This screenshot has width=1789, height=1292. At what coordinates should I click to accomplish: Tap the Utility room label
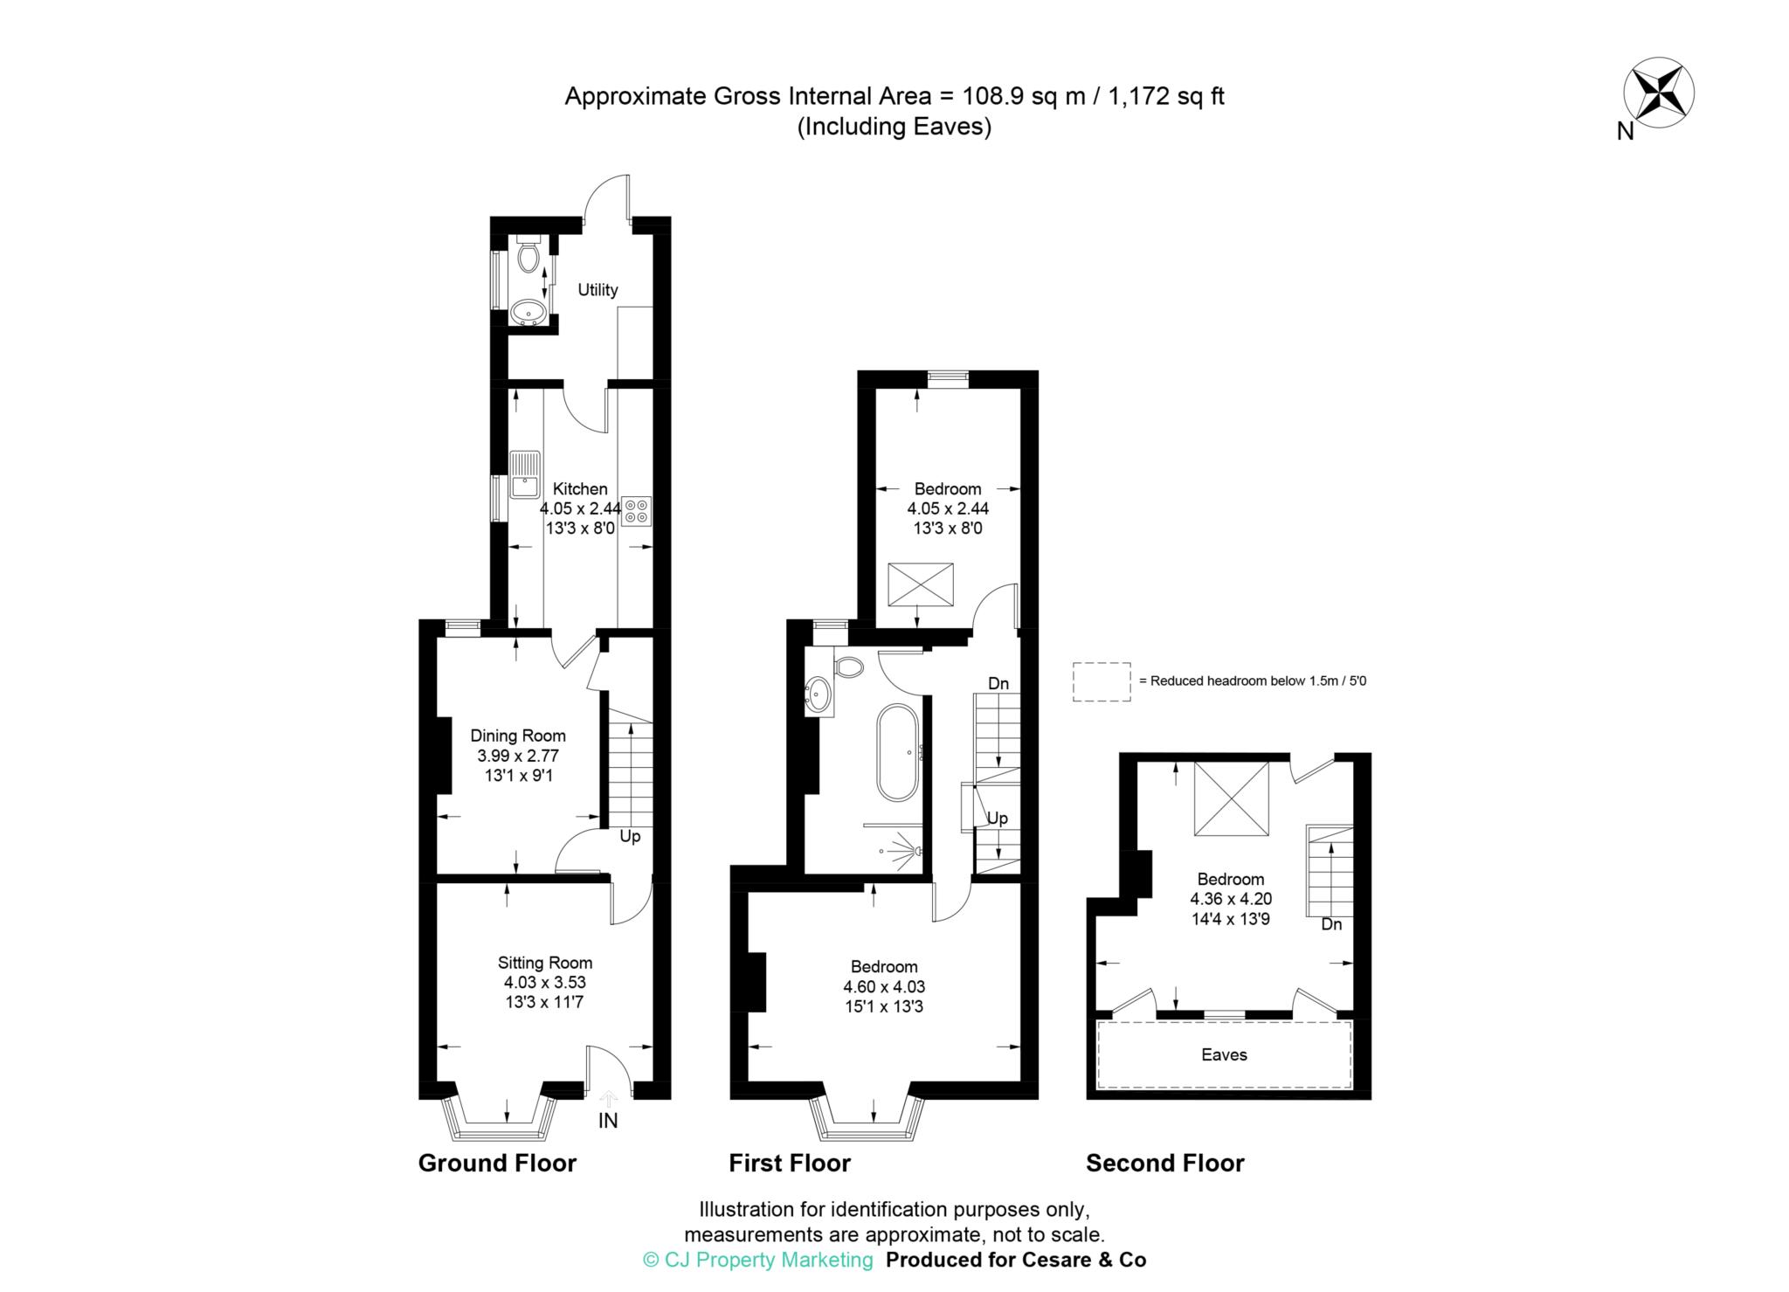[597, 290]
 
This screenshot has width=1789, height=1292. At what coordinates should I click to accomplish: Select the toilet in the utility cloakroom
[528, 254]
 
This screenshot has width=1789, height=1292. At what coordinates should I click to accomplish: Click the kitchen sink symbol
[525, 474]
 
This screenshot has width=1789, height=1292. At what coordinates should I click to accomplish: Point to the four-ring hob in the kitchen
[637, 511]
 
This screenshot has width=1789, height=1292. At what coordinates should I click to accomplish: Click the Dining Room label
[517, 736]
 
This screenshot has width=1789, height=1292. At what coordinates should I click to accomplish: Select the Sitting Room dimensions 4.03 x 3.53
[544, 982]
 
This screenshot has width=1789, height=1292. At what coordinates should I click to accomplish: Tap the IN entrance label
[608, 1121]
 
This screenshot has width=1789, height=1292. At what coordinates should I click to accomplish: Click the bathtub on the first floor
[897, 752]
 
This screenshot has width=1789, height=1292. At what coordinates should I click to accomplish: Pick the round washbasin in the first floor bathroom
[819, 694]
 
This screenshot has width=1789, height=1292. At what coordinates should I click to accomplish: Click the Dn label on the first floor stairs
[998, 683]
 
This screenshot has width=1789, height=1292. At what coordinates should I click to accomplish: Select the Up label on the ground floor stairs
[630, 837]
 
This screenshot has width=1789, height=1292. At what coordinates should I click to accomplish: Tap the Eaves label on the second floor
[1223, 1054]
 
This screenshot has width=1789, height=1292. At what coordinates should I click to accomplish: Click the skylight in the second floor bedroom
[1231, 798]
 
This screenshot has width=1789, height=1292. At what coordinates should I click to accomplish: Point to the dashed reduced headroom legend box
[1101, 681]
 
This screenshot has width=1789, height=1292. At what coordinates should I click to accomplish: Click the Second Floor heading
[1164, 1164]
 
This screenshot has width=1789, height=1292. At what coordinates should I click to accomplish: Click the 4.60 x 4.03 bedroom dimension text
[883, 986]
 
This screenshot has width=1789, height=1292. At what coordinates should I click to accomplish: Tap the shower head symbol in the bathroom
[914, 848]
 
